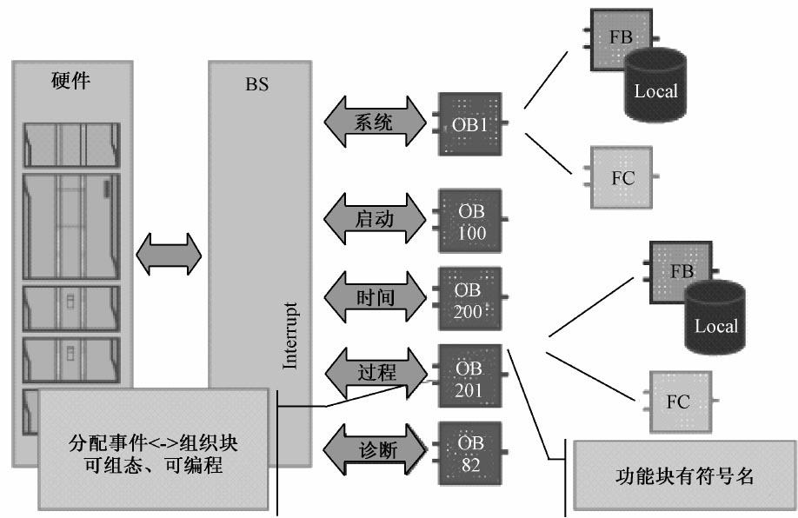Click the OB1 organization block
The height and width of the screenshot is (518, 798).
[470, 123]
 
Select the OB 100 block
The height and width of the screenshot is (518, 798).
[470, 221]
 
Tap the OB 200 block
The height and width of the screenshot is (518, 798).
[470, 298]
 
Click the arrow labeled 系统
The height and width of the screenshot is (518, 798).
[375, 123]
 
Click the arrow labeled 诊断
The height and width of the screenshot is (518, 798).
[375, 451]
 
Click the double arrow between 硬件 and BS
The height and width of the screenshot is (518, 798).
[170, 255]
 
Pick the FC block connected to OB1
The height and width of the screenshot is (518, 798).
[622, 178]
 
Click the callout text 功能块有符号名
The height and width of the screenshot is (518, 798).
[682, 476]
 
